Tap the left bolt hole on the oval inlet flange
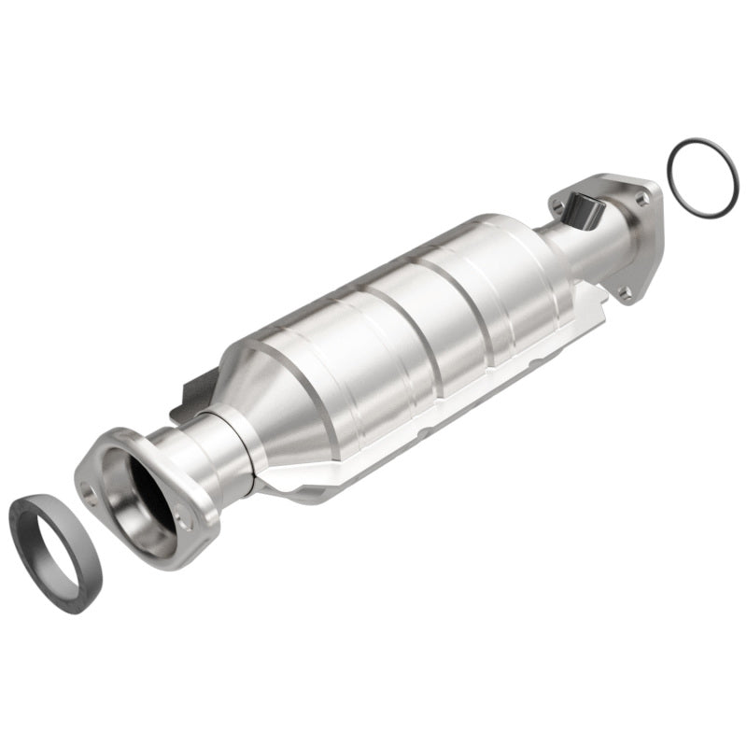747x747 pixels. click(x=91, y=488)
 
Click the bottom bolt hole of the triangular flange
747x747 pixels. click(x=625, y=293)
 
